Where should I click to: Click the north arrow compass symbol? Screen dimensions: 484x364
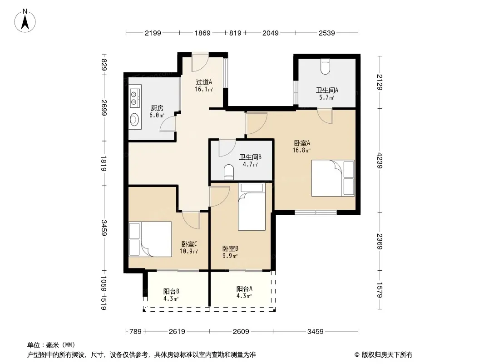pyautogui.click(x=25, y=21)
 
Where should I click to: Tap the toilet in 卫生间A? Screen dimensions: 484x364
pyautogui.click(x=326, y=66)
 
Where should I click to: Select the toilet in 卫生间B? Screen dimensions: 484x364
pyautogui.click(x=229, y=172)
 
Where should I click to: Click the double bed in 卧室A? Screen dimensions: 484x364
pyautogui.click(x=333, y=178)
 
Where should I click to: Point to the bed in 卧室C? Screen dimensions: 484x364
pyautogui.click(x=150, y=239)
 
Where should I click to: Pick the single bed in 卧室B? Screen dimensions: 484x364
pyautogui.click(x=252, y=207)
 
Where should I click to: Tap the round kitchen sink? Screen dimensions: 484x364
pyautogui.click(x=134, y=119)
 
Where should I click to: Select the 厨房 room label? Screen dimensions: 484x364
pyautogui.click(x=157, y=108)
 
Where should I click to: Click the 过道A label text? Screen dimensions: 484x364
pyautogui.click(x=204, y=82)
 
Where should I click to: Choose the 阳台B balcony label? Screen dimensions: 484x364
pyautogui.click(x=171, y=291)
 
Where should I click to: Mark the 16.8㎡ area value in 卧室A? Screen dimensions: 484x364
pyautogui.click(x=301, y=151)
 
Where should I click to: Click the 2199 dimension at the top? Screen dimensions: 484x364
pyautogui.click(x=153, y=33)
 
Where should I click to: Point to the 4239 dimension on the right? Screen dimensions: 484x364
pyautogui.click(x=380, y=161)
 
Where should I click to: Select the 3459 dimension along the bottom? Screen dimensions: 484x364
pyautogui.click(x=316, y=332)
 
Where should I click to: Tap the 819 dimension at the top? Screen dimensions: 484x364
pyautogui.click(x=235, y=33)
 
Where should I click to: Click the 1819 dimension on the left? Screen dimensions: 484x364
pyautogui.click(x=104, y=163)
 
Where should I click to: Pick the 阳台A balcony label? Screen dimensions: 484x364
pyautogui.click(x=244, y=289)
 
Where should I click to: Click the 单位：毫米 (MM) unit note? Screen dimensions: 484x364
pyautogui.click(x=51, y=345)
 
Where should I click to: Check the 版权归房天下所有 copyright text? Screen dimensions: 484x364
pyautogui.click(x=383, y=355)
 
